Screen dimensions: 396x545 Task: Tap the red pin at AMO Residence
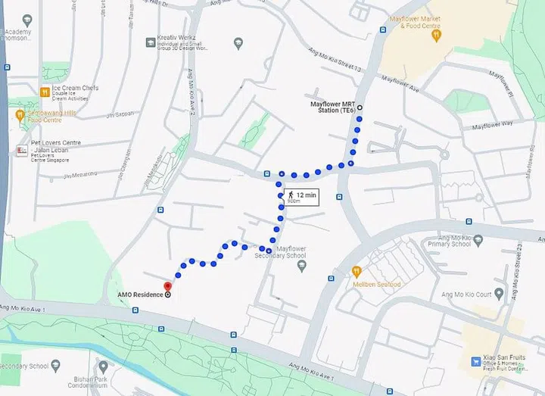point(167,285)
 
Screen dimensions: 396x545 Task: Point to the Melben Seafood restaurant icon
point(356,270)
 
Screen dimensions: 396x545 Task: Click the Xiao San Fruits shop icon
point(477,360)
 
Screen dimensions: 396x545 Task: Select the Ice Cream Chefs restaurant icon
point(45,92)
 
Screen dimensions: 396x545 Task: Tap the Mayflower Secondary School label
point(281,251)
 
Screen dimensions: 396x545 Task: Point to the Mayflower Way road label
point(492,123)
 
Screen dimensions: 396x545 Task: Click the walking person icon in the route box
point(291,195)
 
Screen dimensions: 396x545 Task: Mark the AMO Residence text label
point(139,295)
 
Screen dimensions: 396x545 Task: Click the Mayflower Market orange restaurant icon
point(434,33)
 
